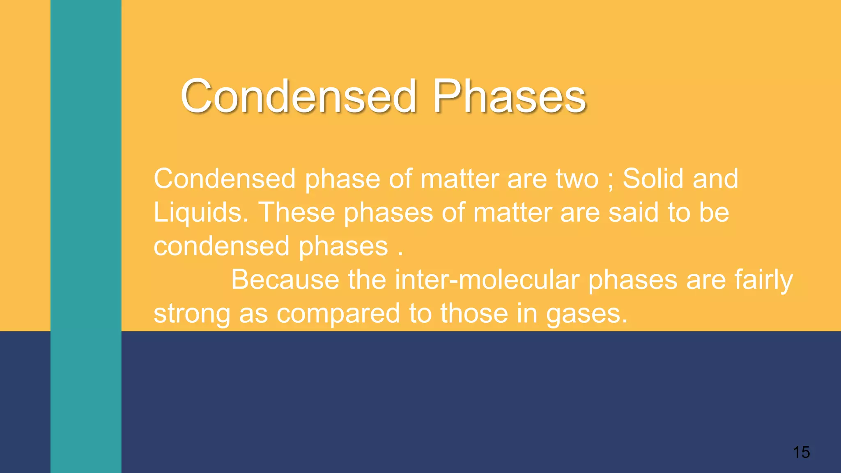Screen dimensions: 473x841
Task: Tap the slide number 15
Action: coord(801,452)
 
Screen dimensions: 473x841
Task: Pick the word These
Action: coord(296,212)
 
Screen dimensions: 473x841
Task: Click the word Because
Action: coord(285,280)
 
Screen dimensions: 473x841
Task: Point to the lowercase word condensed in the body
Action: coord(221,246)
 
